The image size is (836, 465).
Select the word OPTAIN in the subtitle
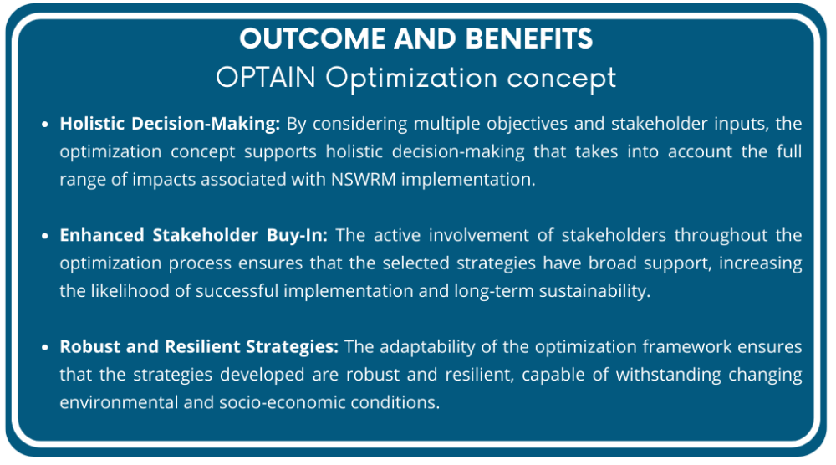pos(266,78)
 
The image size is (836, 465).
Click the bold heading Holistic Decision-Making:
pos(170,125)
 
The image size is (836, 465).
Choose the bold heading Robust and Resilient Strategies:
pos(199,347)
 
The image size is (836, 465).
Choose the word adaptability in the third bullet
pos(431,347)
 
